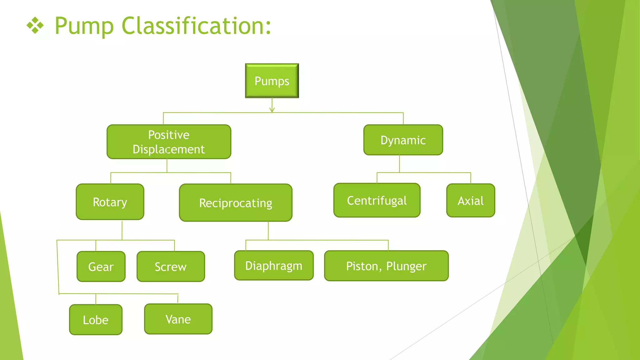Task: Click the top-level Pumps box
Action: pyautogui.click(x=272, y=81)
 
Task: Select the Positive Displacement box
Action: pyautogui.click(x=169, y=142)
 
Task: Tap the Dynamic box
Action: pyautogui.click(x=403, y=140)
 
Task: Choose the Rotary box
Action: pyautogui.click(x=110, y=202)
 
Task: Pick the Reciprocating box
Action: pyautogui.click(x=236, y=203)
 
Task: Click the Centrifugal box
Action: pyautogui.click(x=377, y=200)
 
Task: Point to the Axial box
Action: pyautogui.click(x=471, y=201)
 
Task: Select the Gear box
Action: pyautogui.click(x=101, y=267)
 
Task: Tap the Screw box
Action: pyautogui.click(x=171, y=267)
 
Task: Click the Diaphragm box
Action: pyautogui.click(x=274, y=266)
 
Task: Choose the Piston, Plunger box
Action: pyautogui.click(x=386, y=266)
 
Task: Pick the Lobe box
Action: pyautogui.click(x=96, y=320)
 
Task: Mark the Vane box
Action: pyautogui.click(x=178, y=319)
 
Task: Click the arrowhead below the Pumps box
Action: pyautogui.click(x=272, y=110)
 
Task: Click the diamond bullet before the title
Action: pyautogui.click(x=35, y=26)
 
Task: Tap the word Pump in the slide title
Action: pyautogui.click(x=84, y=26)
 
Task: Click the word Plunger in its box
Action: pyautogui.click(x=406, y=266)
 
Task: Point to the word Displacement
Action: pyautogui.click(x=169, y=149)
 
